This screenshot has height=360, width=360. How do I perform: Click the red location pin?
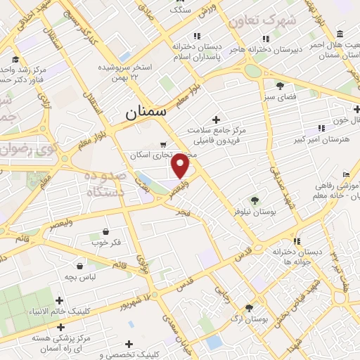pos(181,166)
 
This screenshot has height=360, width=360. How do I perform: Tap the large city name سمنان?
pos(145,112)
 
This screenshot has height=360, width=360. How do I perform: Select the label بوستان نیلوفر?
pos(255,210)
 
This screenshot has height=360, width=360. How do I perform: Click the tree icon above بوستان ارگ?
pos(249,307)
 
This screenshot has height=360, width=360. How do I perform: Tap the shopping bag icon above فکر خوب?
pos(105,231)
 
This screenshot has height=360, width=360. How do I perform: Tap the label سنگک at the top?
pos(179,11)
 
